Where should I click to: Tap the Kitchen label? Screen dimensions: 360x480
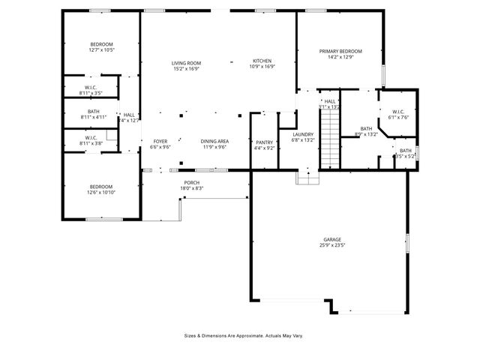coord(262,61)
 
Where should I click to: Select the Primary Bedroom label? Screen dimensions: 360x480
coord(340,51)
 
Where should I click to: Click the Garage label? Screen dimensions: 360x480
coord(333,240)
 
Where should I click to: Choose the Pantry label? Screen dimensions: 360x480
coord(264,142)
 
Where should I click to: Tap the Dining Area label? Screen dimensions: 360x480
coord(214,141)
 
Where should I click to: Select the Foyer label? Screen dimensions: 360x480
coord(160,141)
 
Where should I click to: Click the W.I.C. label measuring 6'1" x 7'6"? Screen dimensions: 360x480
coord(397,112)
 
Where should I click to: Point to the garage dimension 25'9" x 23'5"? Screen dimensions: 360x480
coord(333,245)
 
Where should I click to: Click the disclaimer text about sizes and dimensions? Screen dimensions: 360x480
coord(243,335)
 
